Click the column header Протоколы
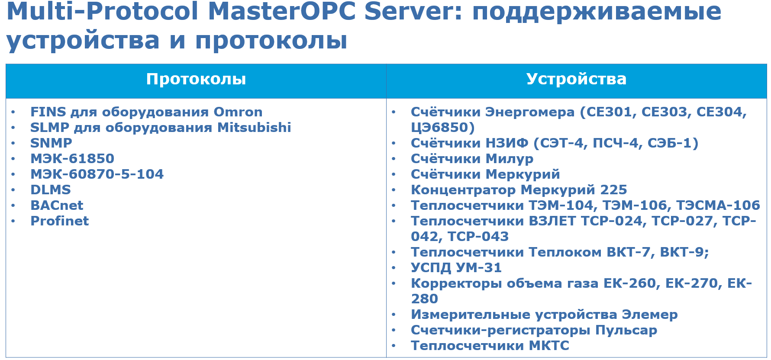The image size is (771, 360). coord(196,79)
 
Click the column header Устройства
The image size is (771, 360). coord(576,79)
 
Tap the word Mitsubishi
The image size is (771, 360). coord(254,128)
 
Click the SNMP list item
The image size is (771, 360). coord(51,143)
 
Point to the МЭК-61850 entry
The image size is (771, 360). coord(72,159)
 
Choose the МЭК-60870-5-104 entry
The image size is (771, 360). coord(97,174)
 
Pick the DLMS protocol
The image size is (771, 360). coord(50,190)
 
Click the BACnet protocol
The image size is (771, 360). coord(57,206)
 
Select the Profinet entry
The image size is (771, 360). coord(59,221)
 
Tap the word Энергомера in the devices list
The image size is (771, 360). coord(529,112)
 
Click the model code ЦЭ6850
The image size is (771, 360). coord(439,128)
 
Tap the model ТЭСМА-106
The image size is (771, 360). coord(717,206)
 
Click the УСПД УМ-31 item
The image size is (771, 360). coord(456,268)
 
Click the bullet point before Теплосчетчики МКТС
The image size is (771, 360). coord(394,346)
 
